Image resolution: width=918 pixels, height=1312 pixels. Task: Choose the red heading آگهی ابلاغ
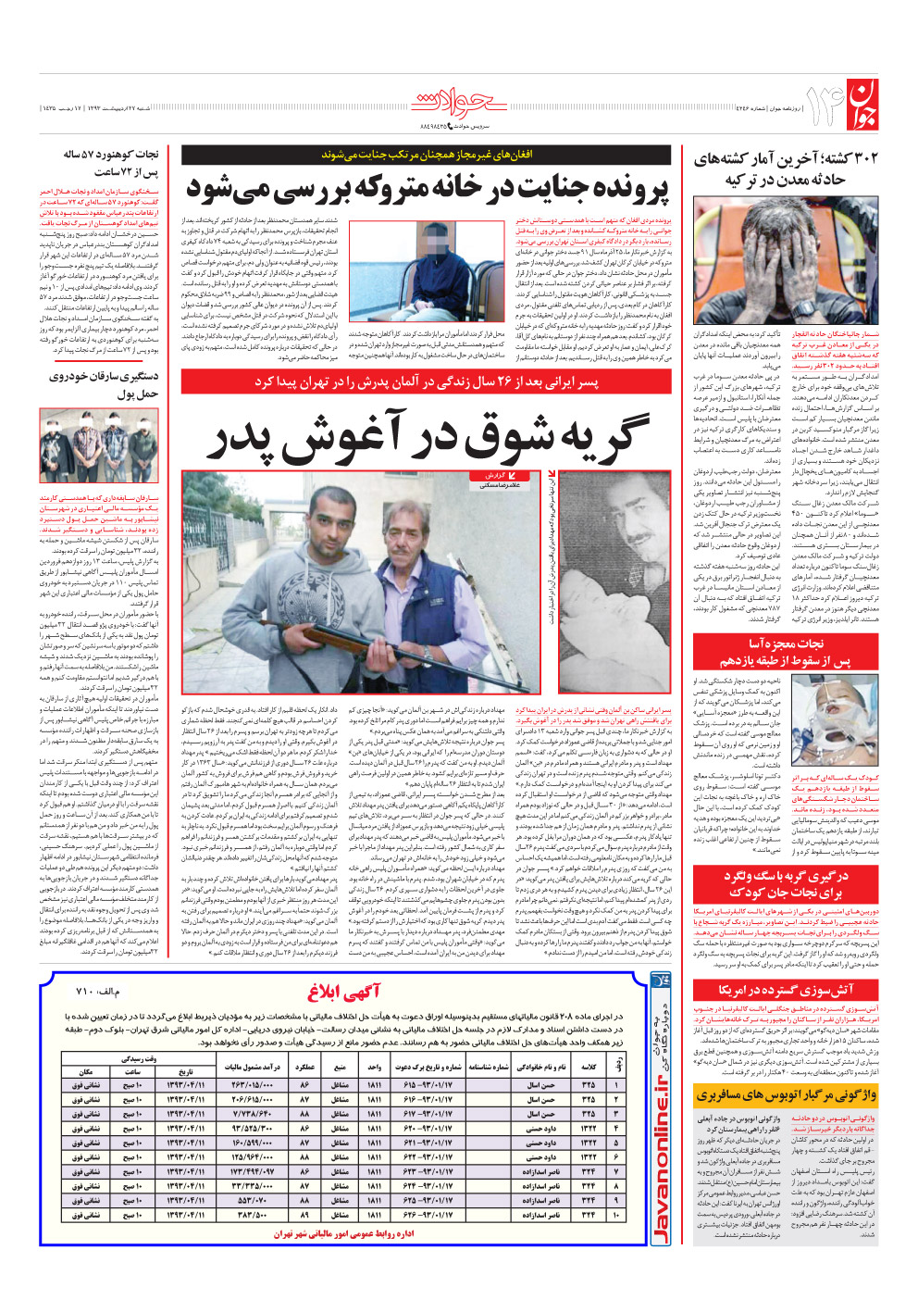tap(343, 993)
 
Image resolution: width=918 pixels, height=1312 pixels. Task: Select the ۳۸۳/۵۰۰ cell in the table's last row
tap(255, 1215)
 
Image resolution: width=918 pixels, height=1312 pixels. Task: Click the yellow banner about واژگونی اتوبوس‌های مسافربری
tap(786, 1095)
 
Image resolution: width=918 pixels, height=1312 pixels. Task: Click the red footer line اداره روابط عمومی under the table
tap(343, 1234)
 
